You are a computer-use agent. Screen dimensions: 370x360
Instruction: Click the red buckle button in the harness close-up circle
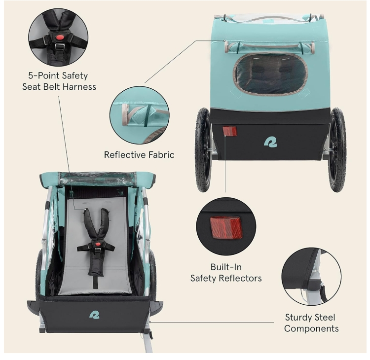[60, 37]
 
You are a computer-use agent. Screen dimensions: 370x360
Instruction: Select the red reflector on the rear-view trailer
[229, 131]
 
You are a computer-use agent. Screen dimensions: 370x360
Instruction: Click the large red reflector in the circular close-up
[225, 227]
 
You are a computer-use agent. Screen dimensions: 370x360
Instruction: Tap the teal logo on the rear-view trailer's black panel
[270, 142]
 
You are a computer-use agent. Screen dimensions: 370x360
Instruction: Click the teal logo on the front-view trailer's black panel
[94, 315]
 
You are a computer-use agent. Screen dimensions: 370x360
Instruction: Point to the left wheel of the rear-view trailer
[203, 149]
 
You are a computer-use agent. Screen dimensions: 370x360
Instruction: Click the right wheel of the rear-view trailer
[337, 149]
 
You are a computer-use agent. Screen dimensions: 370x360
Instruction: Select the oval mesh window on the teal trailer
[270, 74]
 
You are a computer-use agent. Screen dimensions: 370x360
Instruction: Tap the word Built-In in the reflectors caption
[226, 267]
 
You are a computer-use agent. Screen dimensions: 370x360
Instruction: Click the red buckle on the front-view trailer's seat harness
[97, 244]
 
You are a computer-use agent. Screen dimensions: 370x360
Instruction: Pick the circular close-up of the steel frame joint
[311, 277]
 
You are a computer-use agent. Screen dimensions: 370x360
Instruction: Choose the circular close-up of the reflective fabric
[140, 115]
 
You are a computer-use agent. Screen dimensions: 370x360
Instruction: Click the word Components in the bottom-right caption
[311, 328]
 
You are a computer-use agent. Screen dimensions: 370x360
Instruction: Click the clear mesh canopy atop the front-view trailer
[97, 179]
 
